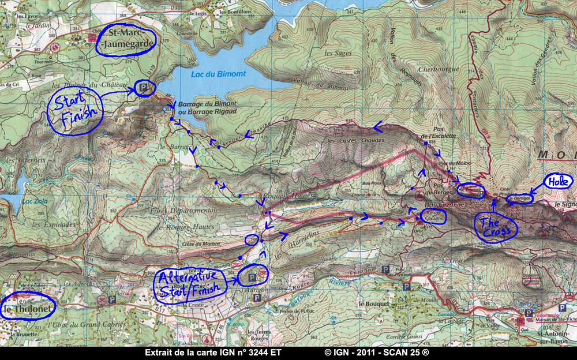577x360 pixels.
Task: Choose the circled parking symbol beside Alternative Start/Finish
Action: (x=252, y=279)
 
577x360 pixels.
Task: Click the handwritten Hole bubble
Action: (x=559, y=182)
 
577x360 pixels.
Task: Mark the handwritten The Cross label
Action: (x=496, y=226)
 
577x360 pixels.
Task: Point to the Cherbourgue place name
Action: (x=439, y=69)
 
